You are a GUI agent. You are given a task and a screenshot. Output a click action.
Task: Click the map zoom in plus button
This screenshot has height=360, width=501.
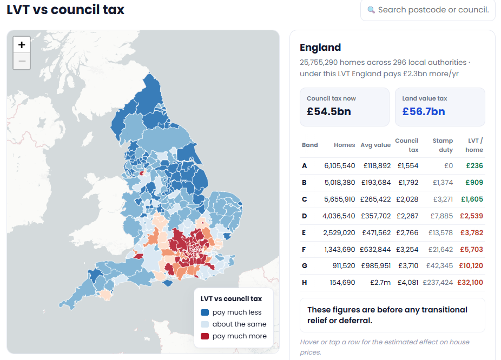[x=22, y=45]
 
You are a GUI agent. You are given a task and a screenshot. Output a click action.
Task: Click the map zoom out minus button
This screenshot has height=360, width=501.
[x=22, y=61]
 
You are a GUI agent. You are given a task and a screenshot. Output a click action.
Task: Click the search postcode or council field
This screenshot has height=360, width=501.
[x=428, y=10]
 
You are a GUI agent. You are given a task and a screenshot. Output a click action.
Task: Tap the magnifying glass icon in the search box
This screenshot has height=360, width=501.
[x=371, y=10]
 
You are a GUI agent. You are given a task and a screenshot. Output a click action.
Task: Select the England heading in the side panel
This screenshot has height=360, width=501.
[x=320, y=48]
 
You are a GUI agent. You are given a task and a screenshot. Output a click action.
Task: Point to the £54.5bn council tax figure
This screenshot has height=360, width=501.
[x=329, y=111]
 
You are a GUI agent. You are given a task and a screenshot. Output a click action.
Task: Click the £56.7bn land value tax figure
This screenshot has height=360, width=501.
[x=423, y=111]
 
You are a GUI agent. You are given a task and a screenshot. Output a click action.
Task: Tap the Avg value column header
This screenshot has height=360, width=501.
[x=375, y=145]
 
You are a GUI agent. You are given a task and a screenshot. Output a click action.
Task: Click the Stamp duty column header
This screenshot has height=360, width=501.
[x=443, y=145]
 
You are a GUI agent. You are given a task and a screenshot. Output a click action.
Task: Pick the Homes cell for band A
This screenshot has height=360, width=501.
[x=339, y=166]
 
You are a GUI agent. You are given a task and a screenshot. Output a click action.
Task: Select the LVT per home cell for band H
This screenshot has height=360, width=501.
[x=470, y=283]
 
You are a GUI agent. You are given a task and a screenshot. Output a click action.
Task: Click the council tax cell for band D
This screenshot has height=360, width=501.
[x=407, y=216]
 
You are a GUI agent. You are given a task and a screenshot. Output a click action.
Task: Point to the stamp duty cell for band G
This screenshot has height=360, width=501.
[x=439, y=265]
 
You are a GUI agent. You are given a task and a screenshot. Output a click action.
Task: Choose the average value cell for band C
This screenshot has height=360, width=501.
[x=375, y=199]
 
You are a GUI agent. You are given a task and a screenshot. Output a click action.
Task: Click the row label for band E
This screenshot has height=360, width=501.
[x=304, y=233]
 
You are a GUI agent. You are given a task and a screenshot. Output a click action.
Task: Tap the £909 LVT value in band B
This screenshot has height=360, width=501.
[x=474, y=183]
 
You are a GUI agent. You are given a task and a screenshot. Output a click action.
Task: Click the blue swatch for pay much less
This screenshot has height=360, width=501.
[x=205, y=312]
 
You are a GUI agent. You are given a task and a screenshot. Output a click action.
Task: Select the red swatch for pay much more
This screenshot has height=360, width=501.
[x=205, y=336]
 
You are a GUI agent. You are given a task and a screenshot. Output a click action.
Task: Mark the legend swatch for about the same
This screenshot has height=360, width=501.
[x=205, y=324]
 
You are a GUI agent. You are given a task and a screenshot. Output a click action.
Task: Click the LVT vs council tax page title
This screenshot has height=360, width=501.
[x=65, y=10]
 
